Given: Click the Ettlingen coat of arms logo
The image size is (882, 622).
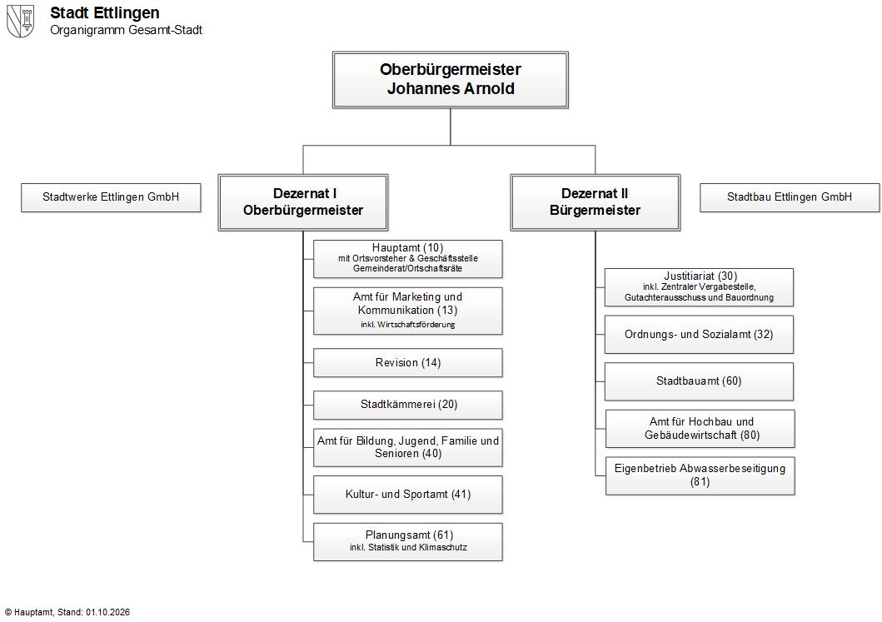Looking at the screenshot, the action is (20, 22).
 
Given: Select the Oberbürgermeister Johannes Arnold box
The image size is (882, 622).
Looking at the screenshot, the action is (450, 80).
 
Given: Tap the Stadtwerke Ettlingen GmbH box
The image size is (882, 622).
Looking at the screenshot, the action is (111, 197).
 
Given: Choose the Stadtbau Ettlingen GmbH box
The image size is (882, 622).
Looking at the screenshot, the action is (790, 197).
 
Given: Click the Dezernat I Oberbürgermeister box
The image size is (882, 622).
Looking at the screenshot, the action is (303, 202).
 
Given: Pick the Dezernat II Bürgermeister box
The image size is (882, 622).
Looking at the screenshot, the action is (595, 202).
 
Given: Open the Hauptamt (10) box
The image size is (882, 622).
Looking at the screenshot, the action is (408, 259).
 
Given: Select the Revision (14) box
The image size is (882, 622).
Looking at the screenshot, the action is (408, 363).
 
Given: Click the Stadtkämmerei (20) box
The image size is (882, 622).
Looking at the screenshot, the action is (408, 405).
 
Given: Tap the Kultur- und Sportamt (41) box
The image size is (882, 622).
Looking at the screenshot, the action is (408, 495).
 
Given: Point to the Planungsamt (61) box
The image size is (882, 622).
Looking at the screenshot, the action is (408, 542).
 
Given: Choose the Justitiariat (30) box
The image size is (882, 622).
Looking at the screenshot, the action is (700, 287).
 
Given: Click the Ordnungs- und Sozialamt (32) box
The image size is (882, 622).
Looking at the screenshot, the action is (700, 335).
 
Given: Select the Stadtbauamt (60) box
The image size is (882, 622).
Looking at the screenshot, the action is (700, 381).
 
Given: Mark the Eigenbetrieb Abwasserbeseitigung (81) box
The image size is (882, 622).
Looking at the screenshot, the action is (700, 475).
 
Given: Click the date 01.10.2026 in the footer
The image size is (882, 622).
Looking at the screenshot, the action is (107, 613).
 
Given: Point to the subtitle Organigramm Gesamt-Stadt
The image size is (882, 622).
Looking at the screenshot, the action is (126, 30).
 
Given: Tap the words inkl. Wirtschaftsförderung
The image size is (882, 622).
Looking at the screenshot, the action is (408, 325).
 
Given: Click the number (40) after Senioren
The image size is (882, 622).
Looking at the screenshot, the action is (431, 454).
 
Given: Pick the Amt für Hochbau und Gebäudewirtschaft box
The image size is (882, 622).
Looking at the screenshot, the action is (700, 429).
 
